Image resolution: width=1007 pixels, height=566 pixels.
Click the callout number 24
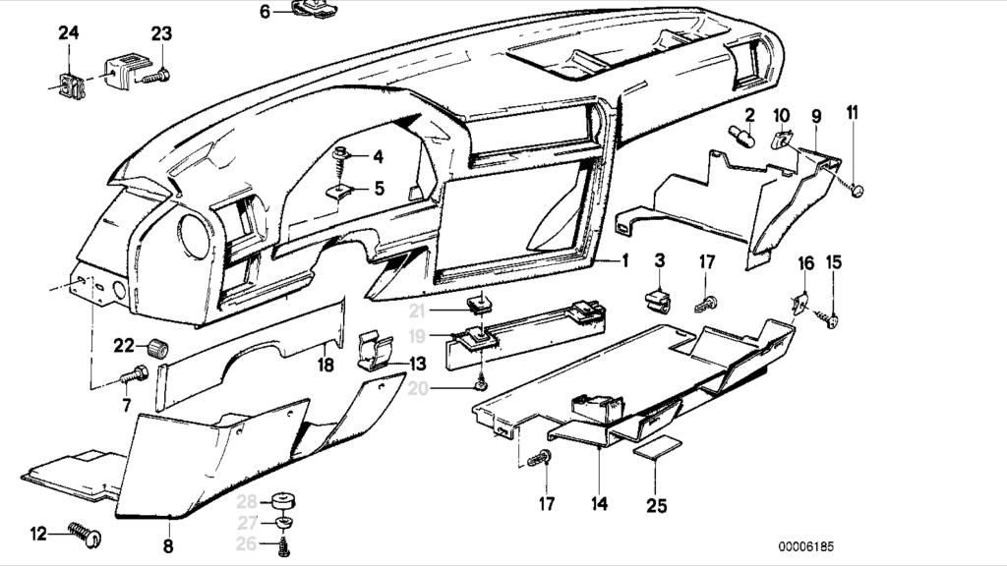point(68,33)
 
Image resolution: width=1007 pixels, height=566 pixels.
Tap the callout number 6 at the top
point(265,12)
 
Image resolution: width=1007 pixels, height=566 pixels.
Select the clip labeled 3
point(657,299)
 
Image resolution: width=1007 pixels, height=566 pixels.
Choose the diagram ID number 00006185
point(808,546)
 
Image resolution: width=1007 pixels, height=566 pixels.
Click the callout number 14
point(600,504)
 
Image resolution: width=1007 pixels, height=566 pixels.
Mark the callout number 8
point(167,545)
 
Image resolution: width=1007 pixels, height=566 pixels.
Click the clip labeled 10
point(784,141)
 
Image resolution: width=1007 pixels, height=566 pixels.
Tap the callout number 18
point(326,365)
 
